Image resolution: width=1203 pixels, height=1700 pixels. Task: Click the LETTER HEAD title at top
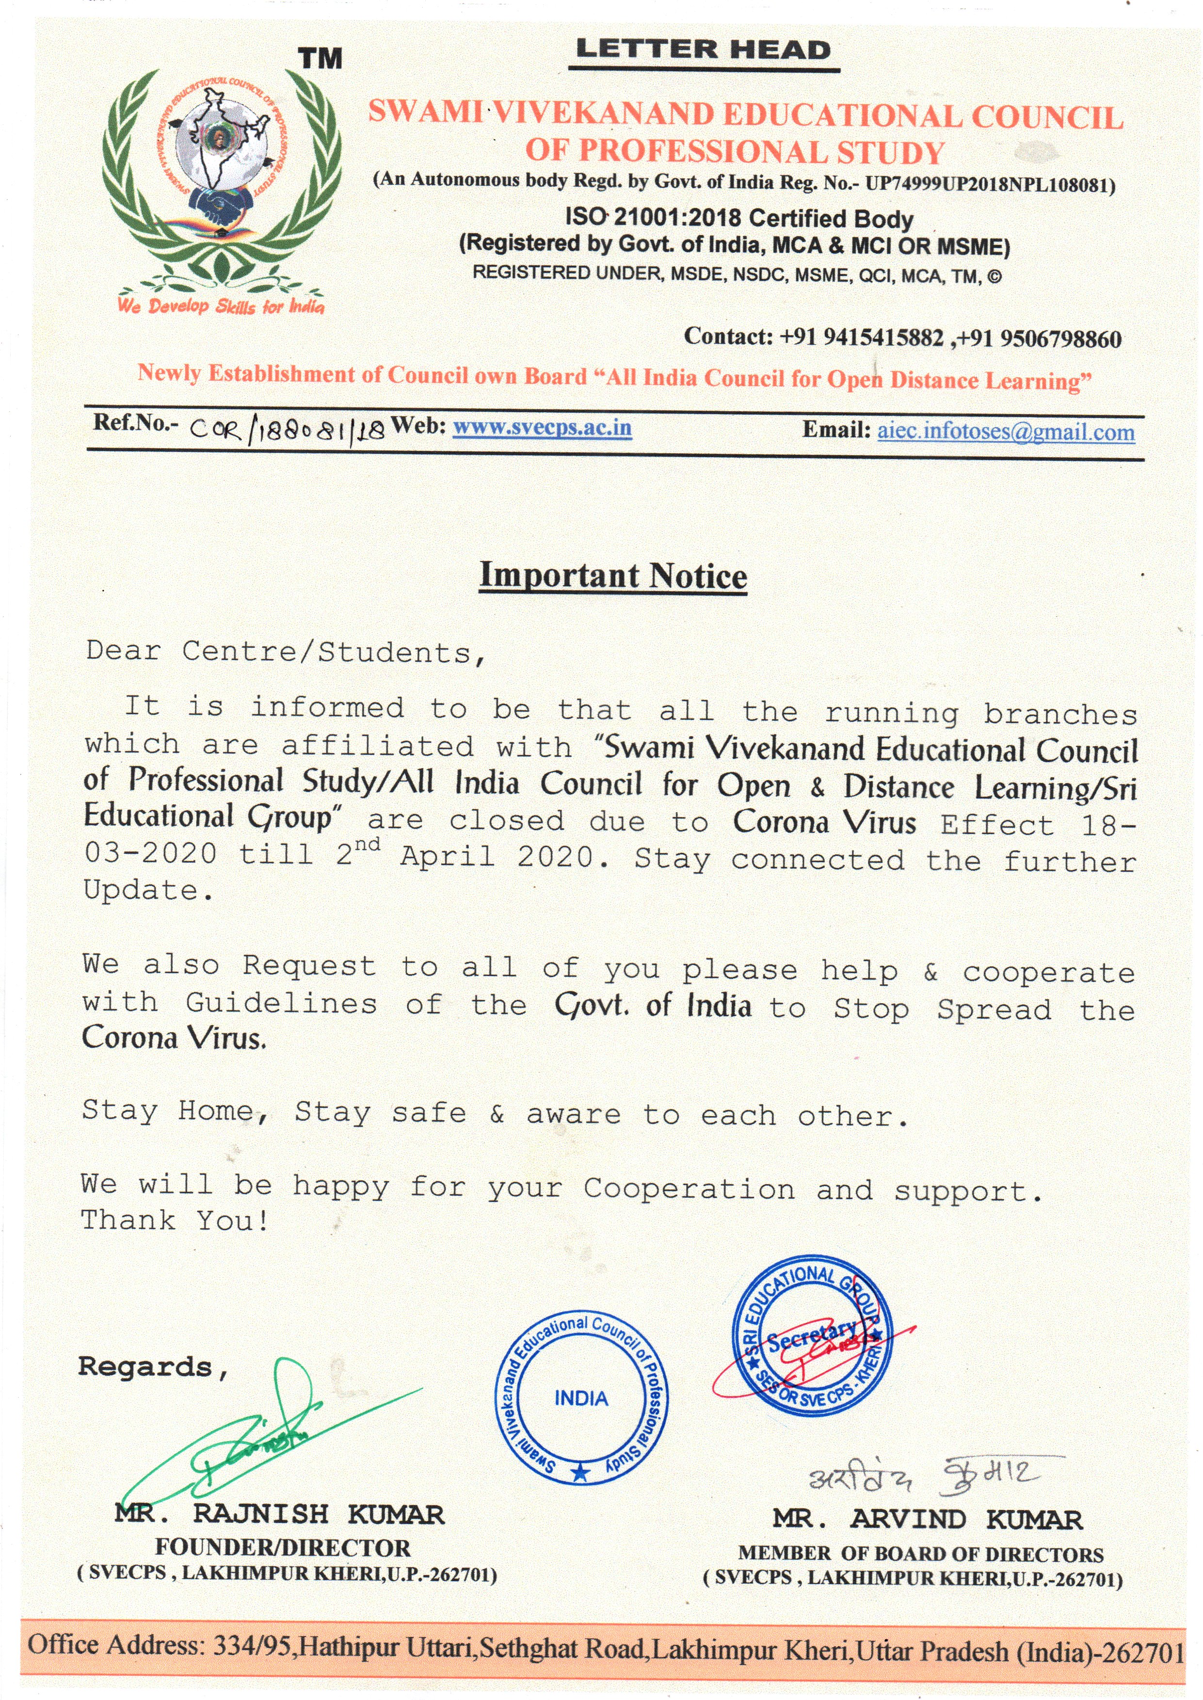point(703,50)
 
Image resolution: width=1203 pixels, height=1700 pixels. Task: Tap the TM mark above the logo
point(320,59)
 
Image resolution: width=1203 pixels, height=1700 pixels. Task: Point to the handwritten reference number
point(288,430)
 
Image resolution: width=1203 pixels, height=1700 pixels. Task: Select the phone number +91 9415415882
point(862,338)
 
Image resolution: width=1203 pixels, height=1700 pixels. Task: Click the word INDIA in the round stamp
point(581,1398)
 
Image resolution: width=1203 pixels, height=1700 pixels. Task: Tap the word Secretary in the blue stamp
point(812,1337)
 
